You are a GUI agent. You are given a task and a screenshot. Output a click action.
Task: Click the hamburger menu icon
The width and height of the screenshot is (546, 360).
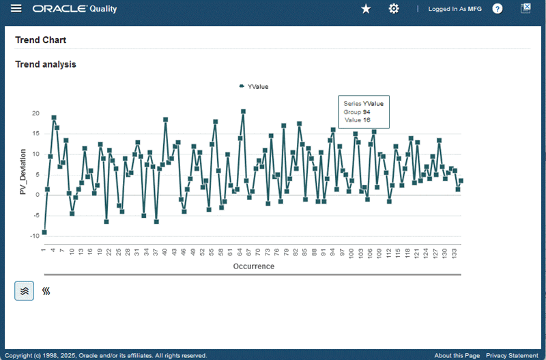[x=17, y=9]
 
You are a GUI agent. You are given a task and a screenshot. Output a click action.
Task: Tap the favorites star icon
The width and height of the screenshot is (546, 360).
[x=366, y=9]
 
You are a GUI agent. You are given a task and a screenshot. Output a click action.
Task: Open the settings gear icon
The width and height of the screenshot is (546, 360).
[x=394, y=9]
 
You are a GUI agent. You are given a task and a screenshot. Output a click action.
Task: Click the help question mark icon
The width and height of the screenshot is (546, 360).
[x=498, y=9]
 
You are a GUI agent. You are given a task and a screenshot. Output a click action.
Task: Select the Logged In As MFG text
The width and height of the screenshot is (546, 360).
[x=455, y=9]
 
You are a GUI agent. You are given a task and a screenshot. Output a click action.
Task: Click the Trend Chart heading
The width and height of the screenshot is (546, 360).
[x=40, y=40]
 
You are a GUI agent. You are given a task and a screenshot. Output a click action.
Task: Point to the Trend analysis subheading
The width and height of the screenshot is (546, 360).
[x=45, y=64]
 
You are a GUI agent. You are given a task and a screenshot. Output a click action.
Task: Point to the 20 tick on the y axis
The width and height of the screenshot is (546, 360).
[x=36, y=113]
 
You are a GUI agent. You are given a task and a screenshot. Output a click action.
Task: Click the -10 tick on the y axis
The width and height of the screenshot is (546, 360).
[x=35, y=236]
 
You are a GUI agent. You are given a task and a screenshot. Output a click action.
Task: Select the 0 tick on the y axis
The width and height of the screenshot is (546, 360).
[x=38, y=195]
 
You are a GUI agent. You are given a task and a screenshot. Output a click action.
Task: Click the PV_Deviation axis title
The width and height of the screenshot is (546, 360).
[x=23, y=171]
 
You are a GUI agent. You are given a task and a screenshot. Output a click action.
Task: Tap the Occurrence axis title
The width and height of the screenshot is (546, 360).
[x=253, y=266]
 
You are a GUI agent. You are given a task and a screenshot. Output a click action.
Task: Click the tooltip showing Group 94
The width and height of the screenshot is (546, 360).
[x=363, y=111]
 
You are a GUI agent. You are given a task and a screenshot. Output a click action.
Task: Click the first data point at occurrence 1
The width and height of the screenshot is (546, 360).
[x=44, y=232]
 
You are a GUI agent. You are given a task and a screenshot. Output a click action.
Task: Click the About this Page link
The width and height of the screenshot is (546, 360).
[x=457, y=355]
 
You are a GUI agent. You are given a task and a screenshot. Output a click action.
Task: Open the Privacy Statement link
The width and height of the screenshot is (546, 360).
[x=512, y=355]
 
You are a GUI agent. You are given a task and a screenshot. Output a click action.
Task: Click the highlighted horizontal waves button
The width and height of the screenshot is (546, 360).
[x=25, y=290]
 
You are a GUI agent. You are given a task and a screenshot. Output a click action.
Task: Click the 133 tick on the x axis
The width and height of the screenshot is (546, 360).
[x=455, y=253]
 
